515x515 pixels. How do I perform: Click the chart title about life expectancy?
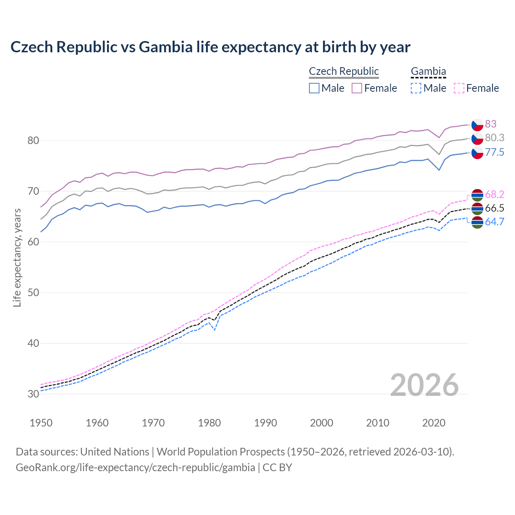pyautogui.click(x=210, y=47)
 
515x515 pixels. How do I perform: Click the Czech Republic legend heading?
pyautogui.click(x=344, y=71)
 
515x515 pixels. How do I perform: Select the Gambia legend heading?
pyautogui.click(x=428, y=71)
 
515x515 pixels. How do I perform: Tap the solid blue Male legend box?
pyautogui.click(x=314, y=88)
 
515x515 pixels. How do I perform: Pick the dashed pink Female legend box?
pyautogui.click(x=459, y=88)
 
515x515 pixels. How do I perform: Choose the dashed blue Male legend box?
pyautogui.click(x=416, y=88)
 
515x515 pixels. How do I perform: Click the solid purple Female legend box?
pyautogui.click(x=357, y=88)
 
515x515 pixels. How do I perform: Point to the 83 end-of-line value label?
pyautogui.click(x=490, y=124)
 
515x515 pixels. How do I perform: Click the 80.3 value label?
pyautogui.click(x=494, y=138)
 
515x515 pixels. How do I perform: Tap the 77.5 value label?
pyautogui.click(x=494, y=152)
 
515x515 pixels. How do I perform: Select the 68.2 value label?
pyautogui.click(x=494, y=195)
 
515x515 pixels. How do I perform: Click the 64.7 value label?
pyautogui.click(x=494, y=222)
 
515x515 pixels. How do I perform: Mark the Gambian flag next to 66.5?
pyautogui.click(x=477, y=208)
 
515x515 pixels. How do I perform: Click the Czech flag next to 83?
pyautogui.click(x=477, y=125)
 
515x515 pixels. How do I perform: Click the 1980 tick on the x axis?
pyautogui.click(x=209, y=423)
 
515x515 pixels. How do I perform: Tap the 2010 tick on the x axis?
pyautogui.click(x=377, y=423)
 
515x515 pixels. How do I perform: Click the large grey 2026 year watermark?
pyautogui.click(x=424, y=385)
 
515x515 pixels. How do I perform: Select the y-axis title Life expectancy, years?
pyautogui.click(x=17, y=257)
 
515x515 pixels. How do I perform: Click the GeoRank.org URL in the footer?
pyautogui.click(x=135, y=468)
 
